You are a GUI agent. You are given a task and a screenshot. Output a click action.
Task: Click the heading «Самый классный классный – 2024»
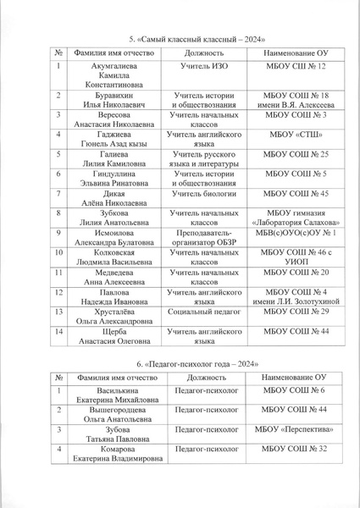coord(180,40)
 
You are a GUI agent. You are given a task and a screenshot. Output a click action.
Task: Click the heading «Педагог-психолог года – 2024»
coord(180,363)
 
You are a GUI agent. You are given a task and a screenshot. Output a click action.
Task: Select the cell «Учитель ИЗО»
coord(198,65)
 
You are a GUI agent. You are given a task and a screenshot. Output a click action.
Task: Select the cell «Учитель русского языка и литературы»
coord(198,158)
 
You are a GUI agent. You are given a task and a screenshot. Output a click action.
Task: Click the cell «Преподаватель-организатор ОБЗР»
coord(198,237)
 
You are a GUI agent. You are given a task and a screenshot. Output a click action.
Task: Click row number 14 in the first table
coord(60,333)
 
